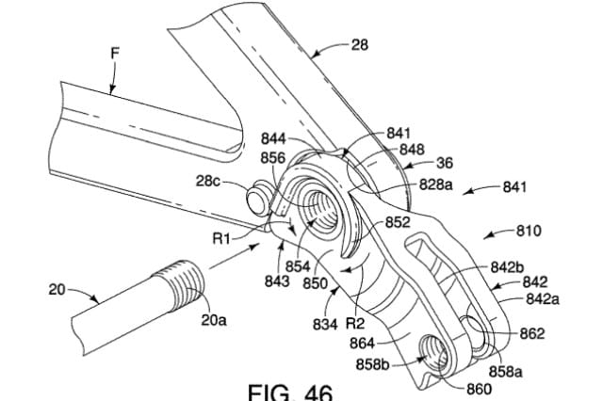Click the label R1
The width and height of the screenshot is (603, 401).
click(x=223, y=239)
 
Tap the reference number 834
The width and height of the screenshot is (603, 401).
click(x=325, y=325)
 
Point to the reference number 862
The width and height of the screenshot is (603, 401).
click(x=531, y=333)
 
